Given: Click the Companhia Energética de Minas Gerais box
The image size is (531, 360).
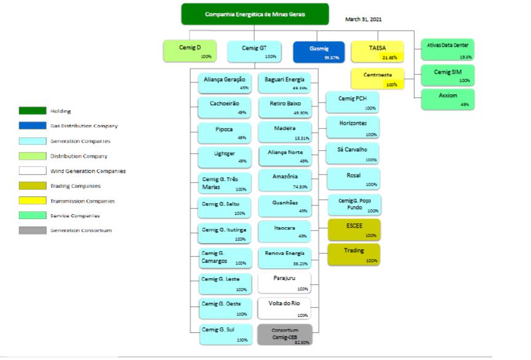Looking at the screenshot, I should click(255, 14).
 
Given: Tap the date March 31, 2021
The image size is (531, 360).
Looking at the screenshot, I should click(364, 20).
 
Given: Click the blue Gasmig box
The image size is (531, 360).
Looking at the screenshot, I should click(319, 51).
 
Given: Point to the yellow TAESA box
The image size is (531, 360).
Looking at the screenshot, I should click(377, 51).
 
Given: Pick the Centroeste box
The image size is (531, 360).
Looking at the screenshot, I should click(377, 79).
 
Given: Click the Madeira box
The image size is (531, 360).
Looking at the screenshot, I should click(284, 132).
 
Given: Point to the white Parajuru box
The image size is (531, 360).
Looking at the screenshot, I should click(284, 282).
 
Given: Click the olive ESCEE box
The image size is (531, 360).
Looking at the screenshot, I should click(354, 230).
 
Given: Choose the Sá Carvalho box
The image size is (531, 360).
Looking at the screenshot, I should click(353, 153).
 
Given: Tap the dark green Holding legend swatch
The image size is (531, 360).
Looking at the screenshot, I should click(33, 111).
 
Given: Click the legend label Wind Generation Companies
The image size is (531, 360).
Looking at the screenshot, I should click(88, 171).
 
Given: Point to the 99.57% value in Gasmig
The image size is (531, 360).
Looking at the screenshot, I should click(333, 57).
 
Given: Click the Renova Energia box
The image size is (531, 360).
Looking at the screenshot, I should click(284, 257).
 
